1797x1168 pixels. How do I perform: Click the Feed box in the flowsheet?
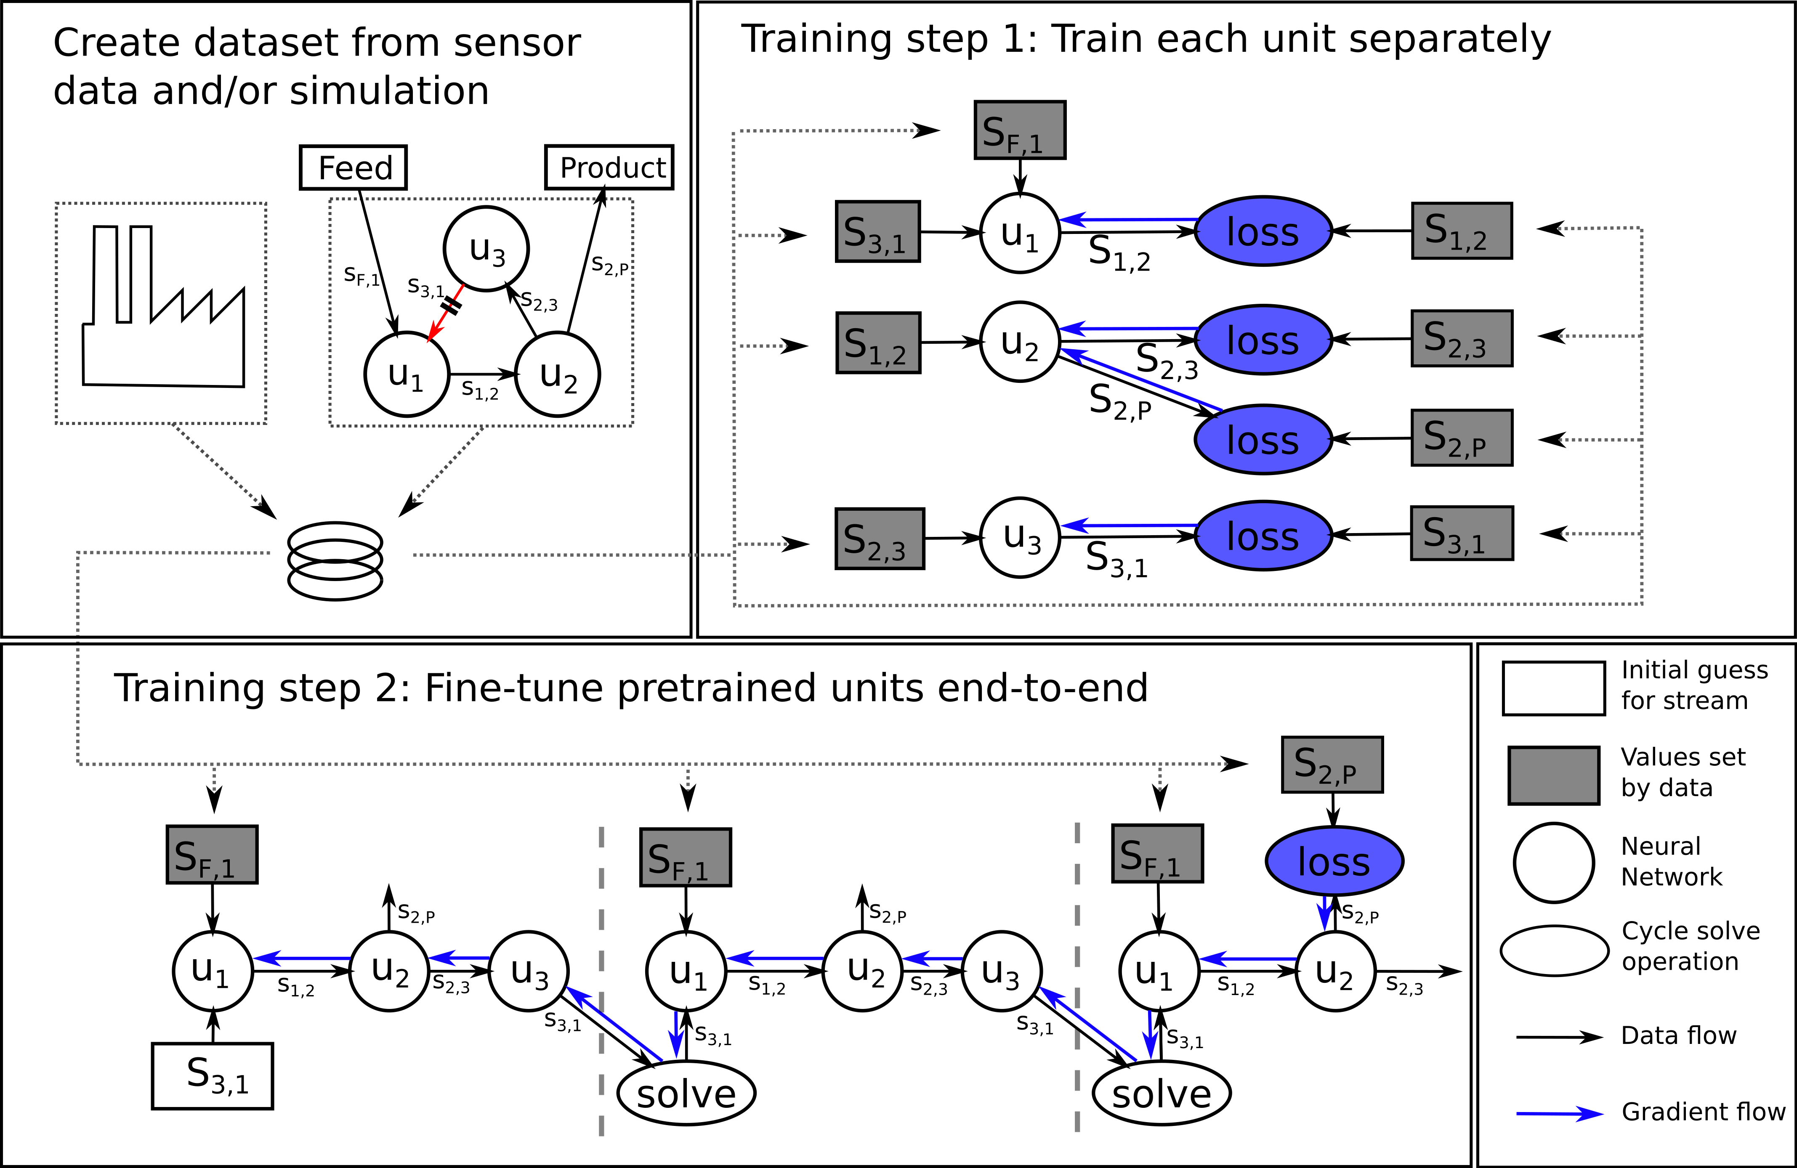coord(354,167)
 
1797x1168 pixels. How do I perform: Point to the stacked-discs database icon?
coord(335,561)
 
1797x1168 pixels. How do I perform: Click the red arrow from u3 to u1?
coord(446,313)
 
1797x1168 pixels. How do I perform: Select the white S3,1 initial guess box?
coord(212,1076)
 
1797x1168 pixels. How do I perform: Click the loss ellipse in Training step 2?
coord(1333,861)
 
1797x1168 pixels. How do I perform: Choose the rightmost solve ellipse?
coord(1161,1093)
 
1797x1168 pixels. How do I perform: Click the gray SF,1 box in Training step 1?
coord(1019,130)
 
